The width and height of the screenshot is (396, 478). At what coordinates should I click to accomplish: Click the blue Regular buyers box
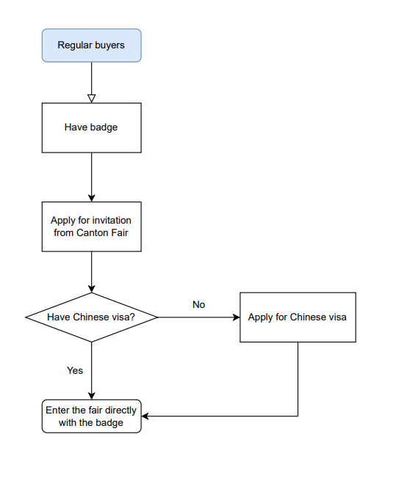tap(91, 45)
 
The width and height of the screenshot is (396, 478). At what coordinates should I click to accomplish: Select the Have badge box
tap(91, 128)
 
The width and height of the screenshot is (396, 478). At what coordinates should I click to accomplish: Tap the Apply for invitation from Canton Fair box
tap(91, 227)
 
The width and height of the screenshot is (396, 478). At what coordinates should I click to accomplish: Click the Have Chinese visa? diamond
tap(91, 317)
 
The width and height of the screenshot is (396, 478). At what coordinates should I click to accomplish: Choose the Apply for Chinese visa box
tap(298, 317)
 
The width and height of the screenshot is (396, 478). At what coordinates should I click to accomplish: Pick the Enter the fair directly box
tap(91, 416)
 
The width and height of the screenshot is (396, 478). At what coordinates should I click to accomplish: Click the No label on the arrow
tap(198, 304)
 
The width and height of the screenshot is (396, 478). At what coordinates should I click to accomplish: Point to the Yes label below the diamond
tap(75, 370)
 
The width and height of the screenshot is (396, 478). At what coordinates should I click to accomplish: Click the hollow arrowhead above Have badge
tap(91, 98)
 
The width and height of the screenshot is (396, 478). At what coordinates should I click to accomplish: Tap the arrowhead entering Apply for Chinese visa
tap(236, 317)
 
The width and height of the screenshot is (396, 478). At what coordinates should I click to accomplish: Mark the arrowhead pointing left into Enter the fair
tap(145, 416)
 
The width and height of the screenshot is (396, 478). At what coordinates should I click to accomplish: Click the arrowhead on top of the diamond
tap(91, 289)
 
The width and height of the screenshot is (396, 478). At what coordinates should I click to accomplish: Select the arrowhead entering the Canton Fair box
tap(91, 198)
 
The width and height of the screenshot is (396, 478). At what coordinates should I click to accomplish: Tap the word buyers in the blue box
tap(109, 45)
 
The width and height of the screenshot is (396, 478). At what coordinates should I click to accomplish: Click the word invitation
tap(112, 221)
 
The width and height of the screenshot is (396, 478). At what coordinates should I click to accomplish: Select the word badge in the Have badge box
tap(104, 128)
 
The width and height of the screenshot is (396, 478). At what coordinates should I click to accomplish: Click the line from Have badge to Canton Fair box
tap(91, 177)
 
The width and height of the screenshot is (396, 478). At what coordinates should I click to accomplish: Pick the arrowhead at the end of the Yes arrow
tap(91, 396)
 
